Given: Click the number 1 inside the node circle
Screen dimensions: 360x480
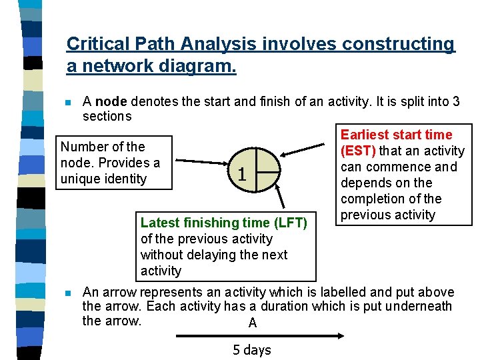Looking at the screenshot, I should tap(243, 175).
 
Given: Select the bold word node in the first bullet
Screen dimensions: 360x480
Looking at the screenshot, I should tap(111, 102).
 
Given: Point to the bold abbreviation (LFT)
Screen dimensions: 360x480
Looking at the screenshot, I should tap(288, 223).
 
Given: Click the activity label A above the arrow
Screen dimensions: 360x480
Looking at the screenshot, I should tap(252, 323).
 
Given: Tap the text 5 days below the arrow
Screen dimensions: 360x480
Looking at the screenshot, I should tap(252, 349).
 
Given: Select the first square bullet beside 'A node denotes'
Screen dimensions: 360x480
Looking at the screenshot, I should tap(67, 103).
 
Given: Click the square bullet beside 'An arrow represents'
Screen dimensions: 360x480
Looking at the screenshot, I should tap(67, 293).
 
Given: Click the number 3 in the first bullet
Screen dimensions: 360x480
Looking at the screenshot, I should tap(456, 102).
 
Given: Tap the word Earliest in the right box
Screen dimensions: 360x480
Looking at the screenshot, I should tap(365, 135).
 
